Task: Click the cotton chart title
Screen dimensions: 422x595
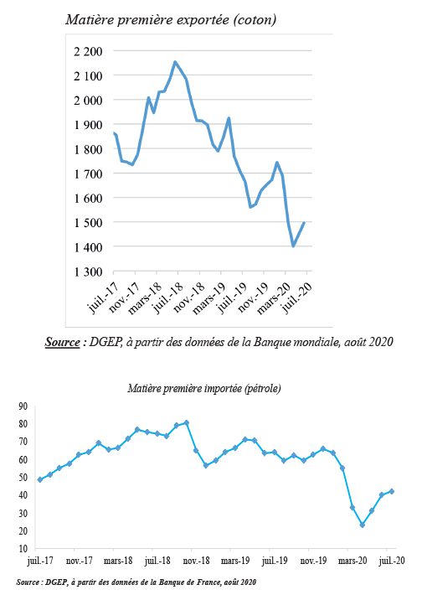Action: [x=171, y=19]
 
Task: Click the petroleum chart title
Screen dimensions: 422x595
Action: [x=204, y=388]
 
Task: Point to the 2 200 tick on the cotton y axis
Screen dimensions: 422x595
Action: [x=88, y=51]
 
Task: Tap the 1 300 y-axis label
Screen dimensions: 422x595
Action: [x=88, y=272]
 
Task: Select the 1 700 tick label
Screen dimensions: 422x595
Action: [x=88, y=173]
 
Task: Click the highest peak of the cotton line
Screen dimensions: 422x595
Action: [x=175, y=61]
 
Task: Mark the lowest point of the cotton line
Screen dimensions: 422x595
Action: [x=293, y=246]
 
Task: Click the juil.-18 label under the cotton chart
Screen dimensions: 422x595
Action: [x=168, y=298]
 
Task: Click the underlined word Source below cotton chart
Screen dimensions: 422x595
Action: [x=63, y=342]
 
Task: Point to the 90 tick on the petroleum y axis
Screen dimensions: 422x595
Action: [x=23, y=406]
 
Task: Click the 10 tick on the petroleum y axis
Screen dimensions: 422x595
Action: [x=23, y=548]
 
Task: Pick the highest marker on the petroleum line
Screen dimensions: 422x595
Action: [x=187, y=422]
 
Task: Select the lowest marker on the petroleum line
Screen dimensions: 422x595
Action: [x=362, y=525]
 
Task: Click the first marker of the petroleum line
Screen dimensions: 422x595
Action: [x=40, y=479]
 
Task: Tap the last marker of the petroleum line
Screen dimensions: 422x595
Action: [x=392, y=491]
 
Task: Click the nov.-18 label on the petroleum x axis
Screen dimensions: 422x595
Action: [x=196, y=561]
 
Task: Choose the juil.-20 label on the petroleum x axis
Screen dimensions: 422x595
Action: [x=391, y=561]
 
